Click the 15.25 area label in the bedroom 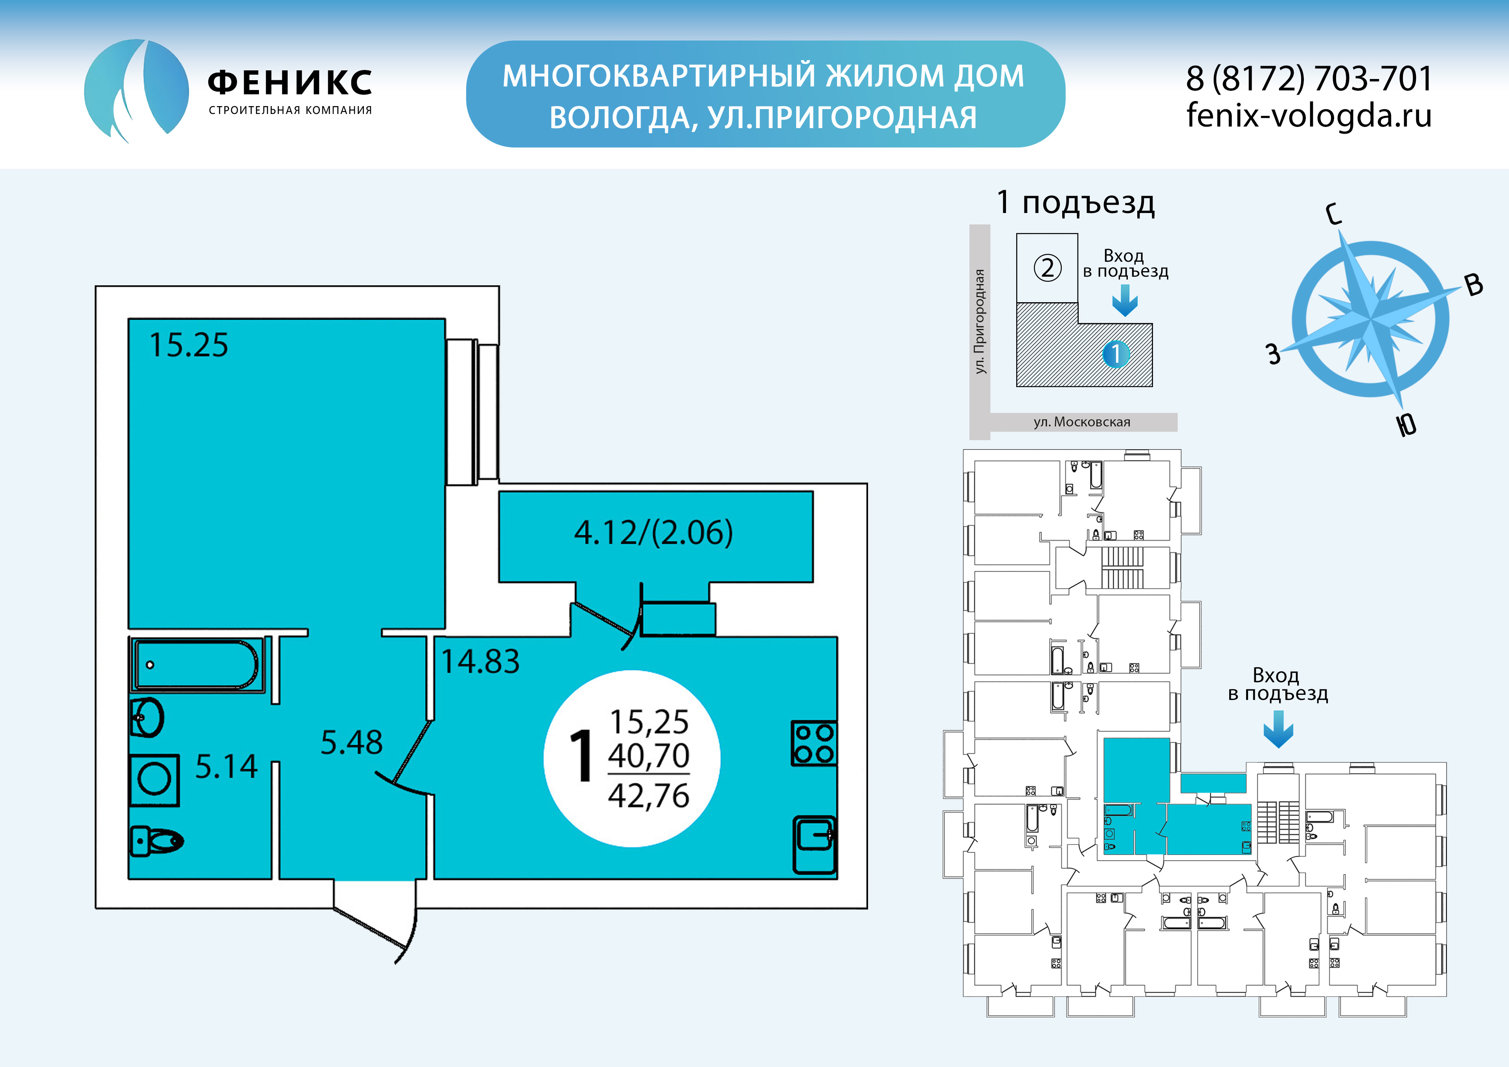click(x=189, y=345)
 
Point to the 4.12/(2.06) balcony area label click(x=653, y=533)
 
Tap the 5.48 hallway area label click(x=352, y=742)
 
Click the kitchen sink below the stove click(x=814, y=845)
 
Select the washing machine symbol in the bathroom click(x=154, y=780)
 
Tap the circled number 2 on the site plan click(x=1048, y=268)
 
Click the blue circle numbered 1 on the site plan click(x=1115, y=354)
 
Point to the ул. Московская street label click(x=1082, y=422)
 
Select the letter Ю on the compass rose click(x=1406, y=425)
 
